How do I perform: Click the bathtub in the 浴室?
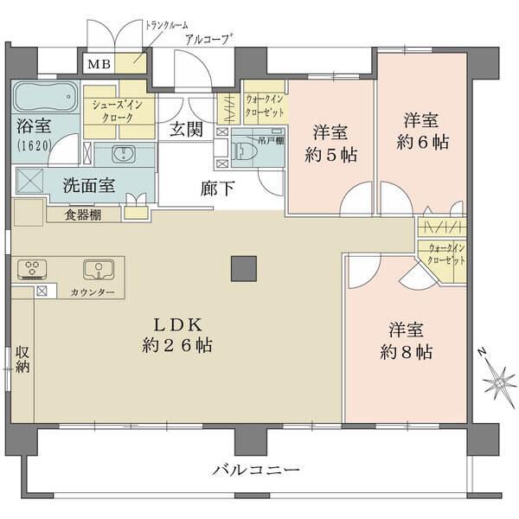pyautogui.click(x=46, y=95)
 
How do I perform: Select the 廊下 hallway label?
pyautogui.click(x=216, y=186)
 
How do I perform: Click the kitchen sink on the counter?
pyautogui.click(x=98, y=270)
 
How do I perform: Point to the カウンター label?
pyautogui.click(x=93, y=293)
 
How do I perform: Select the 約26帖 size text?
pyautogui.click(x=177, y=345)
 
